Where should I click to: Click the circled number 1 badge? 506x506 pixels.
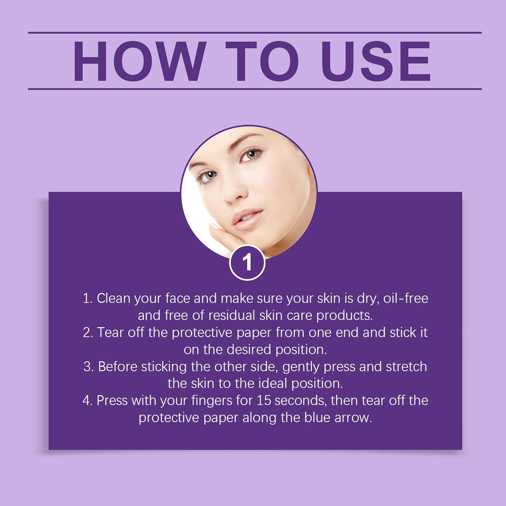(x=247, y=262)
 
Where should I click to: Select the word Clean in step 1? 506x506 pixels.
(x=113, y=298)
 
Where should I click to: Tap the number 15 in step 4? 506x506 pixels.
(x=264, y=400)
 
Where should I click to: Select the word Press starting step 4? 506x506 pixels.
(x=112, y=400)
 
